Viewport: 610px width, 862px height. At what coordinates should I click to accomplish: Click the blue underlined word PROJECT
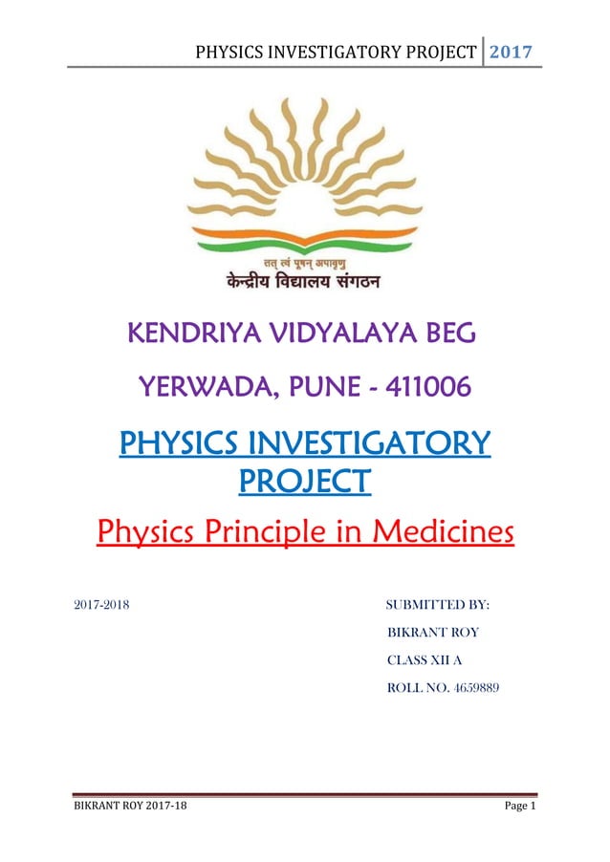(x=304, y=480)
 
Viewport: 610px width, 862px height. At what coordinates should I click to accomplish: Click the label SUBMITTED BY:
(x=437, y=605)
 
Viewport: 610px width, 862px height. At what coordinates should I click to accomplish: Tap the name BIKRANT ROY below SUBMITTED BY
(x=432, y=633)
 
